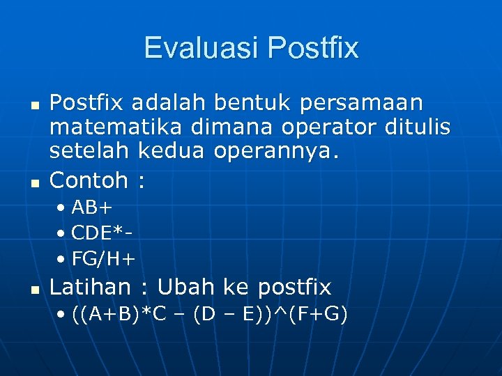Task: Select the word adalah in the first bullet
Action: (169, 103)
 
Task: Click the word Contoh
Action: (89, 180)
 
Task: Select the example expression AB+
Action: (92, 207)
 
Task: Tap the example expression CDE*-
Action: (102, 233)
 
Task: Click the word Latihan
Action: (91, 286)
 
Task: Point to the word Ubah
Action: (186, 286)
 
